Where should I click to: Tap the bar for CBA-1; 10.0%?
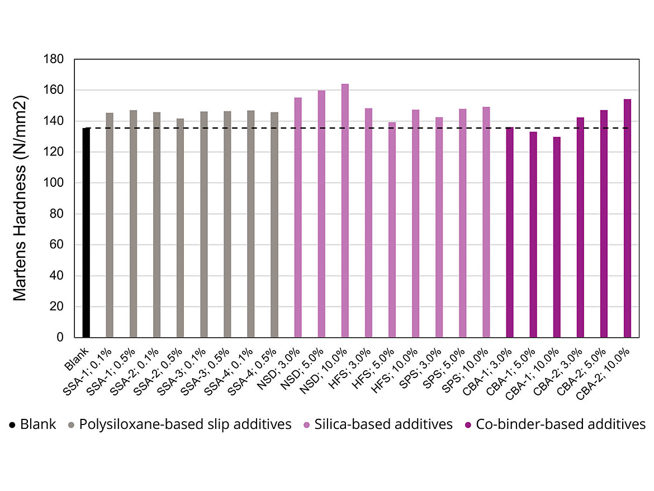[557, 237]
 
